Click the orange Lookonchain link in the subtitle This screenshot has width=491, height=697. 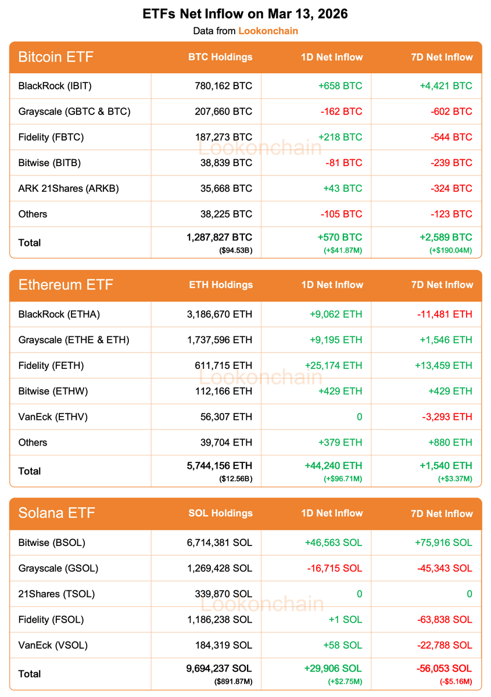click(268, 31)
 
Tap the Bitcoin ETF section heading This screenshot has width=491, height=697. click(56, 57)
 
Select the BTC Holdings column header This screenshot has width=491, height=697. click(220, 57)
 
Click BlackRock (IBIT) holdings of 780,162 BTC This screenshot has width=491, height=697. click(223, 86)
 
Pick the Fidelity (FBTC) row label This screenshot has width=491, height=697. click(51, 137)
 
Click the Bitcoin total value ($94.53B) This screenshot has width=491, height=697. click(235, 250)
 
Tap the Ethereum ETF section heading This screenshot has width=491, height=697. click(66, 285)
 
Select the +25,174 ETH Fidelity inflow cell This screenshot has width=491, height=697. click(333, 365)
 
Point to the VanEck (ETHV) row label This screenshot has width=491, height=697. click(53, 416)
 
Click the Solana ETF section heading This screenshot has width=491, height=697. click(56, 513)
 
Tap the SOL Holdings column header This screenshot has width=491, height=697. click(220, 513)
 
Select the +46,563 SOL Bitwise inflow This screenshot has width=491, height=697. click(333, 542)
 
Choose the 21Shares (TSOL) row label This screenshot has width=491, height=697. click(56, 594)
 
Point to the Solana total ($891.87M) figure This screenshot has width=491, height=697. click(233, 681)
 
